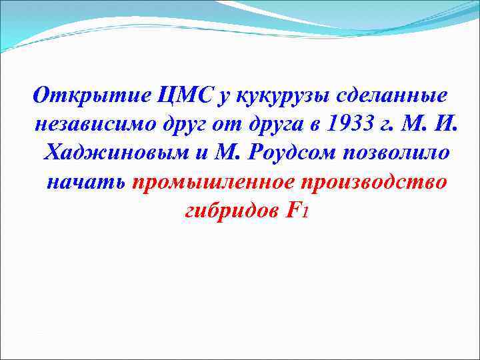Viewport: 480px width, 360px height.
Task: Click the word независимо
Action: click(91, 124)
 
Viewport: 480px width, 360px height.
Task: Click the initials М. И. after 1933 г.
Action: click(425, 124)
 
